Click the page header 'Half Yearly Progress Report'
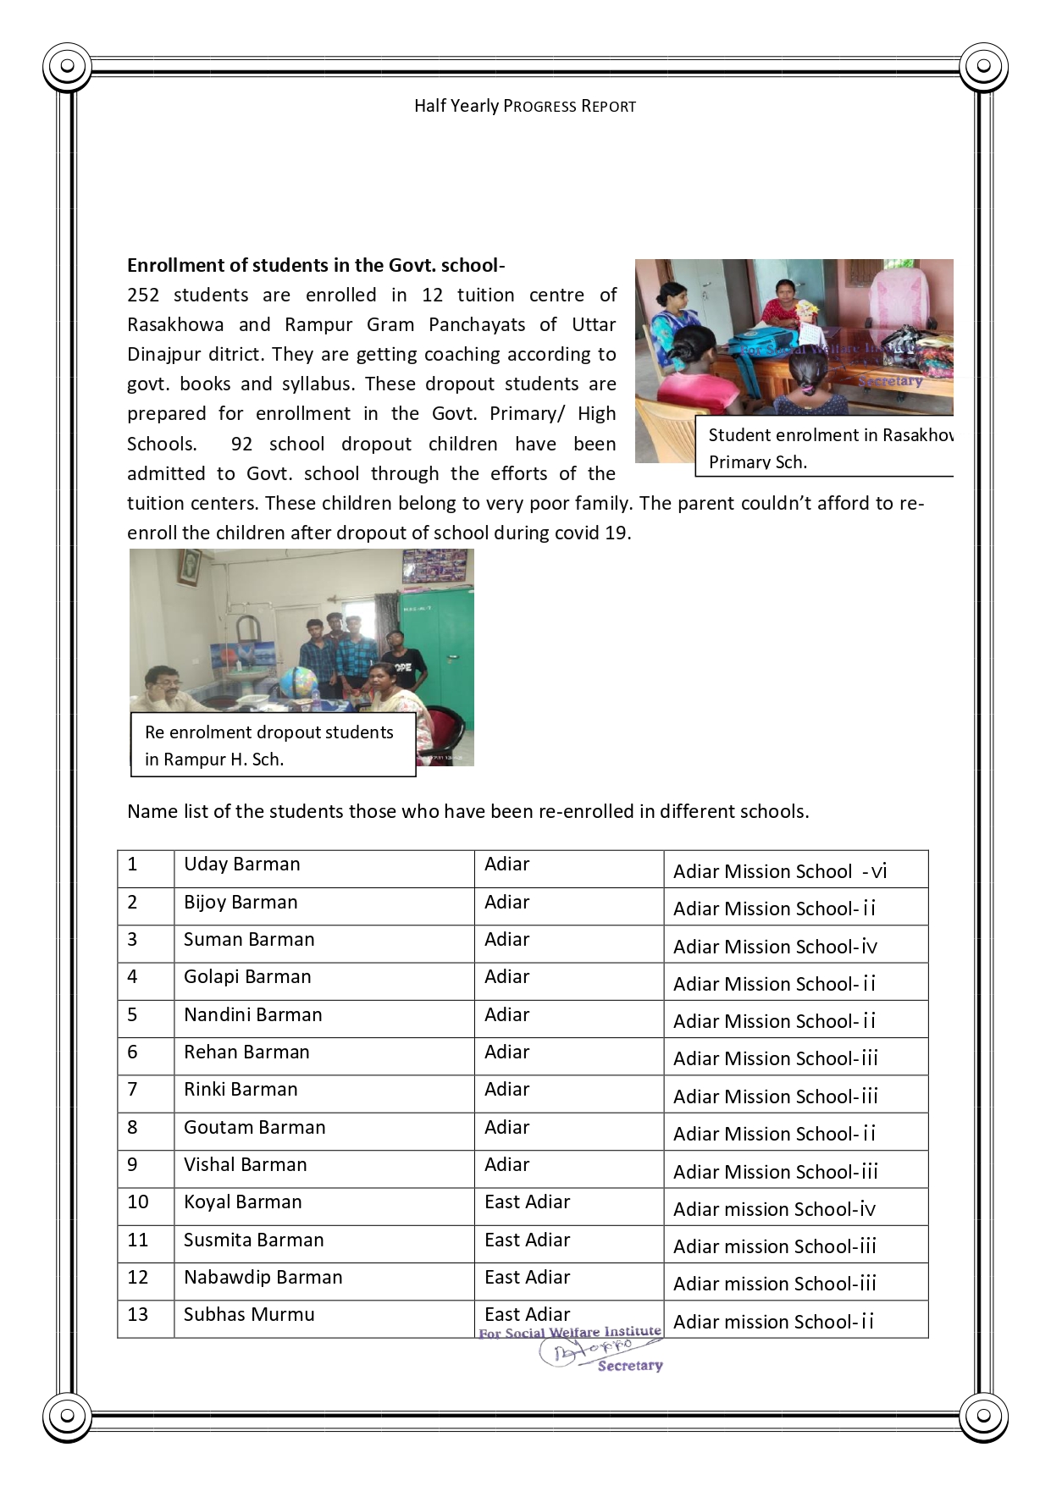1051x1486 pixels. coord(524,106)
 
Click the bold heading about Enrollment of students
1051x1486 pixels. coord(316,265)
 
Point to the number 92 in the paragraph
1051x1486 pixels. coord(241,444)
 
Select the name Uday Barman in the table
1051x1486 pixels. coord(241,864)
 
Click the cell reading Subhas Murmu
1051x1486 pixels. coord(249,1314)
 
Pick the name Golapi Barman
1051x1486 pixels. coord(247,976)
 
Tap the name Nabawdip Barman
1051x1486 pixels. coord(263,1277)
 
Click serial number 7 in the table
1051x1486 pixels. coord(132,1089)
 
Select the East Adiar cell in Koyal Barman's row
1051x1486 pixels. coord(527,1202)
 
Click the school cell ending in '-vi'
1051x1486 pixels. coord(779,871)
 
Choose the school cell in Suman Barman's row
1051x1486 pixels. coord(775,947)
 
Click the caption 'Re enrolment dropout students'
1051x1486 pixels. coord(269,732)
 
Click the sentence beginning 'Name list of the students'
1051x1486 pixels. coord(467,811)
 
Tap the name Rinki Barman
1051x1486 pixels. coord(241,1089)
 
